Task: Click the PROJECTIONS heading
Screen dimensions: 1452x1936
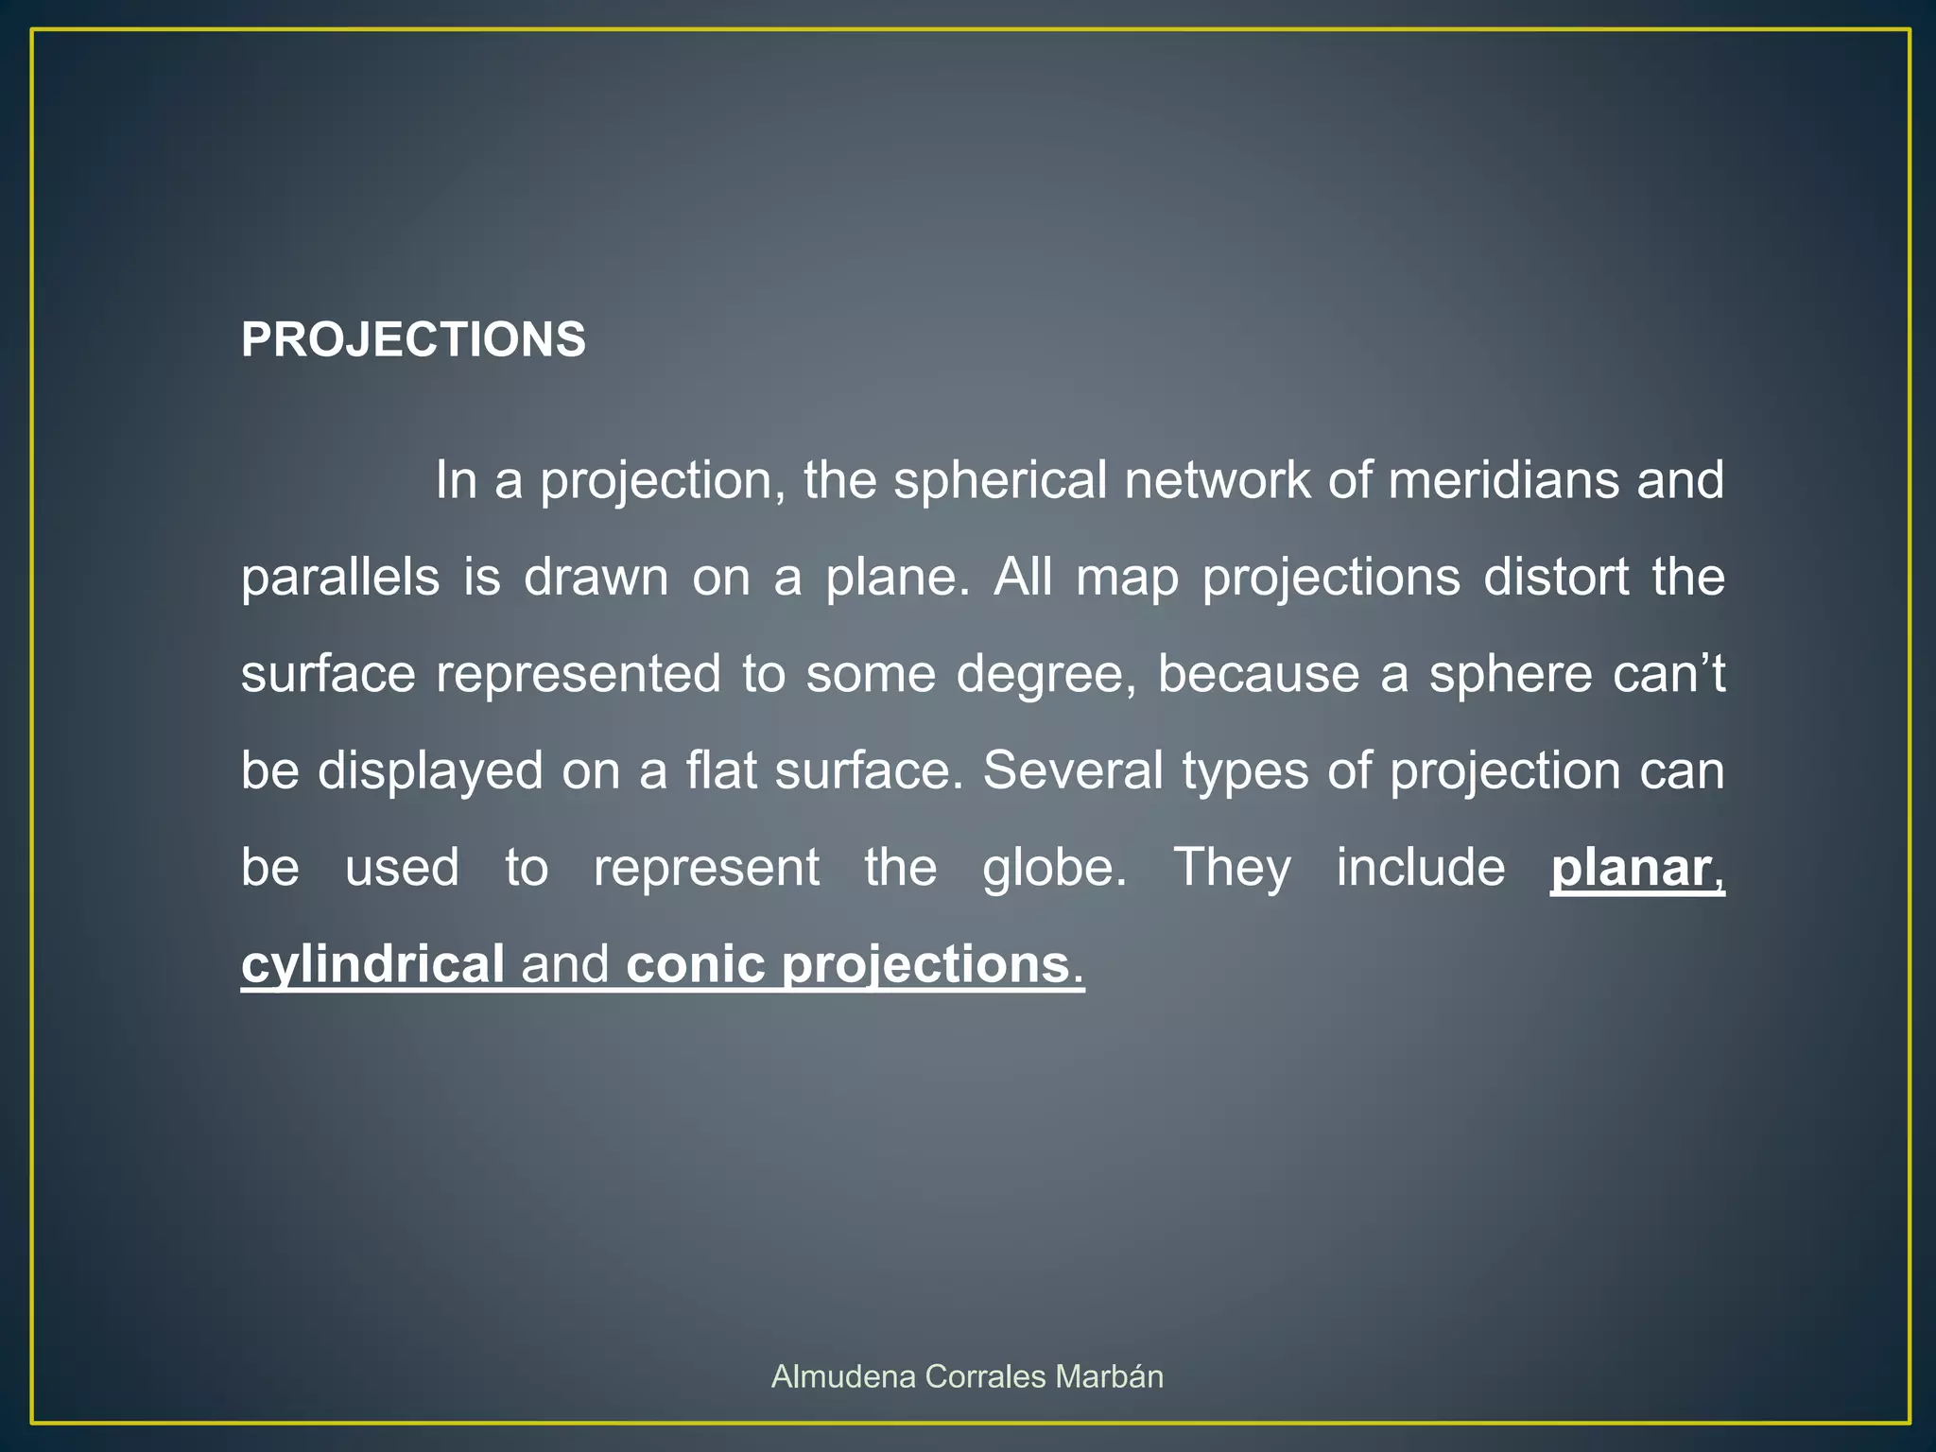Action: [413, 339]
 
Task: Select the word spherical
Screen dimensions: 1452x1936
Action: [999, 480]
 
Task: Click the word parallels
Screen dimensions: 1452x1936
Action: [340, 577]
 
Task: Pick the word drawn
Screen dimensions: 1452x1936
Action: [596, 577]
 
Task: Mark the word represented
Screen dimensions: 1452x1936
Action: [578, 674]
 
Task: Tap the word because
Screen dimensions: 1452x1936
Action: [1258, 674]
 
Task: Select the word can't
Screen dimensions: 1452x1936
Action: [1669, 674]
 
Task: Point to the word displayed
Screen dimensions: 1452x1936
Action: [430, 771]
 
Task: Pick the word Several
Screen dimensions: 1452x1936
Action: [1073, 770]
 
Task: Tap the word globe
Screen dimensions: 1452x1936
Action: [1054, 868]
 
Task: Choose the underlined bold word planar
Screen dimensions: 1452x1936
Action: [1631, 868]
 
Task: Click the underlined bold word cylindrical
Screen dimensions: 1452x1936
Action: [372, 965]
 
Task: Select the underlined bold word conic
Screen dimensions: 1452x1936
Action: [695, 965]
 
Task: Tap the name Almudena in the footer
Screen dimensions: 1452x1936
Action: [843, 1376]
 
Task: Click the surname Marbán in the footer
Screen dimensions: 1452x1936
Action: [1109, 1376]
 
